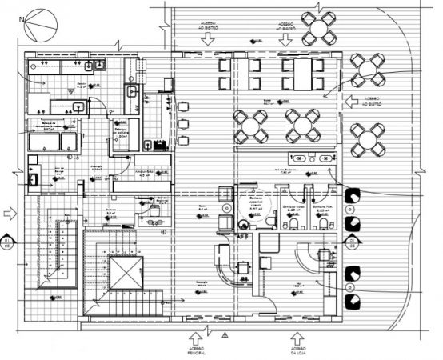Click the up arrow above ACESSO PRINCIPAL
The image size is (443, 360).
(x=196, y=328)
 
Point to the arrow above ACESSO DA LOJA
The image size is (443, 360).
(x=297, y=328)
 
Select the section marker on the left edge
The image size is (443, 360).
(x=7, y=242)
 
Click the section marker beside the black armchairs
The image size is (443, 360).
(x=349, y=242)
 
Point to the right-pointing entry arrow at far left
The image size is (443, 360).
(x=10, y=214)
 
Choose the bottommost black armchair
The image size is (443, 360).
(x=350, y=299)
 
